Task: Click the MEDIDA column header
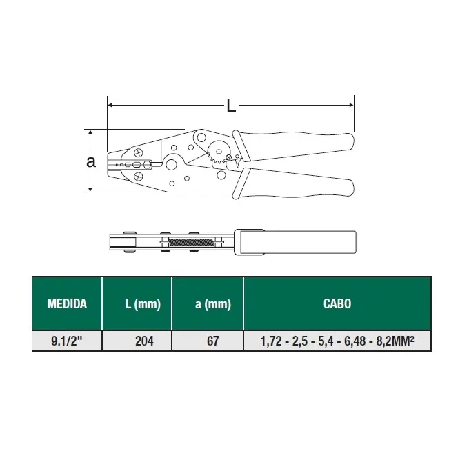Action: point(67,304)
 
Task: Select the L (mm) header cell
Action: point(143,304)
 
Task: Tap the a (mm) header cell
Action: point(213,304)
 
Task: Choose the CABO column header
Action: point(337,304)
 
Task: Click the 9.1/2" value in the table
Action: point(66,341)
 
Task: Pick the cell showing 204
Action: point(144,341)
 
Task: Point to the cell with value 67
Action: point(212,341)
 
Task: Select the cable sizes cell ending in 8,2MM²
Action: point(337,341)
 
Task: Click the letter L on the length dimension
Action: point(231,106)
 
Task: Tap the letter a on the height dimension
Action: point(91,161)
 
